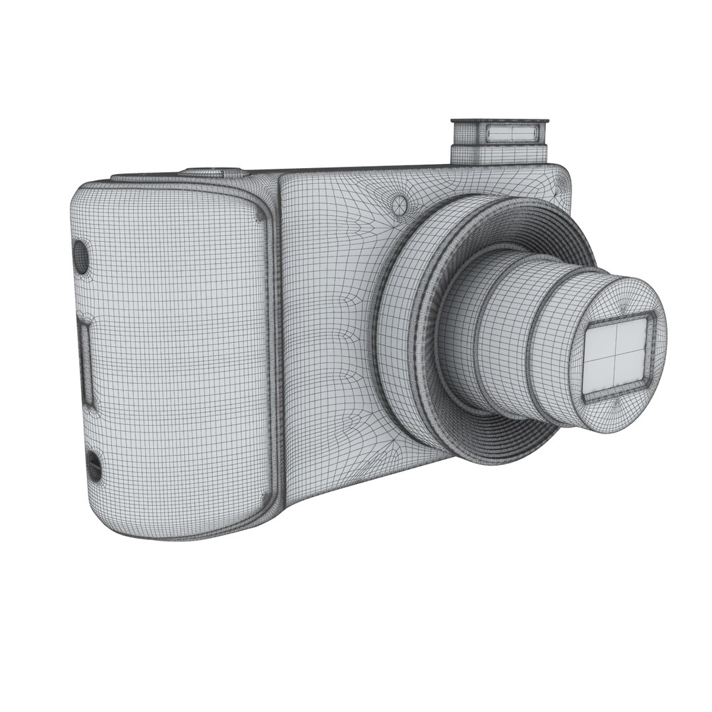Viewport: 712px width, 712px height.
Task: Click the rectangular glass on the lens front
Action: (615, 357)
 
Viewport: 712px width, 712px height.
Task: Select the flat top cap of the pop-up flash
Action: (499, 121)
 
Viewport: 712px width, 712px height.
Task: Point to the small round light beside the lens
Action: (398, 204)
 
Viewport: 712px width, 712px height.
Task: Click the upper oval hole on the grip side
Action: (80, 257)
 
